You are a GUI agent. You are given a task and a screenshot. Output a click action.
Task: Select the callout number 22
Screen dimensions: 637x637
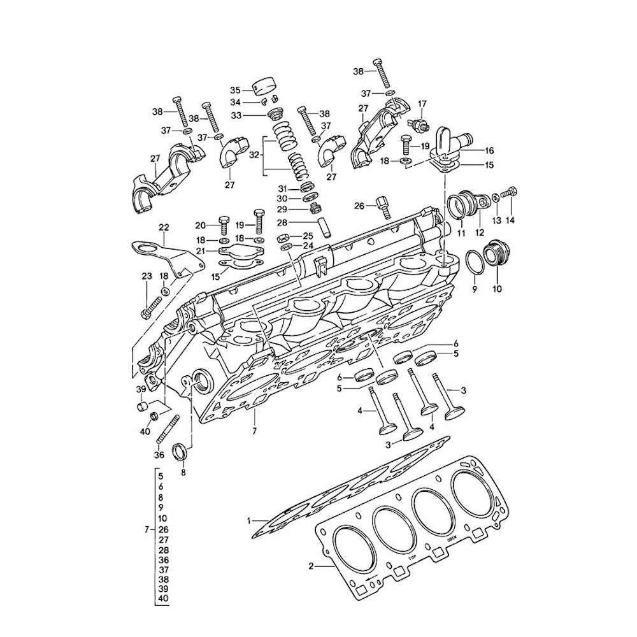(164, 227)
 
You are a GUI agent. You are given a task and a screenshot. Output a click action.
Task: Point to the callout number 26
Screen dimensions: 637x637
(360, 205)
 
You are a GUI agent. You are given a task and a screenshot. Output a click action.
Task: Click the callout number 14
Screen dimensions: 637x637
(509, 220)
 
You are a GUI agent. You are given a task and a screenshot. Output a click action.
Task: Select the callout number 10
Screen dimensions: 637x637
(497, 289)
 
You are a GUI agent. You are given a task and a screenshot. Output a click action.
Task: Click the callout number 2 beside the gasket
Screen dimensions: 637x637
(311, 565)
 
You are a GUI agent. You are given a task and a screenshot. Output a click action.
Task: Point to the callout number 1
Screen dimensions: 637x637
(249, 521)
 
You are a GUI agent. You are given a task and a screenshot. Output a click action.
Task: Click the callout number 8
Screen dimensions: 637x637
(183, 473)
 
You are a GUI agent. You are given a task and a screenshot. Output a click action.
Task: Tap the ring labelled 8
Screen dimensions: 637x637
(182, 451)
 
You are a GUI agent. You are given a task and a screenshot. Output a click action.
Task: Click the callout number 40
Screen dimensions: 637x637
(145, 431)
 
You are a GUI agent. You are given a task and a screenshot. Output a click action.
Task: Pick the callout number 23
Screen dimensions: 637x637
(147, 276)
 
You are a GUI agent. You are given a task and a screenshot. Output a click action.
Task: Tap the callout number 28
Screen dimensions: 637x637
(282, 222)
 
